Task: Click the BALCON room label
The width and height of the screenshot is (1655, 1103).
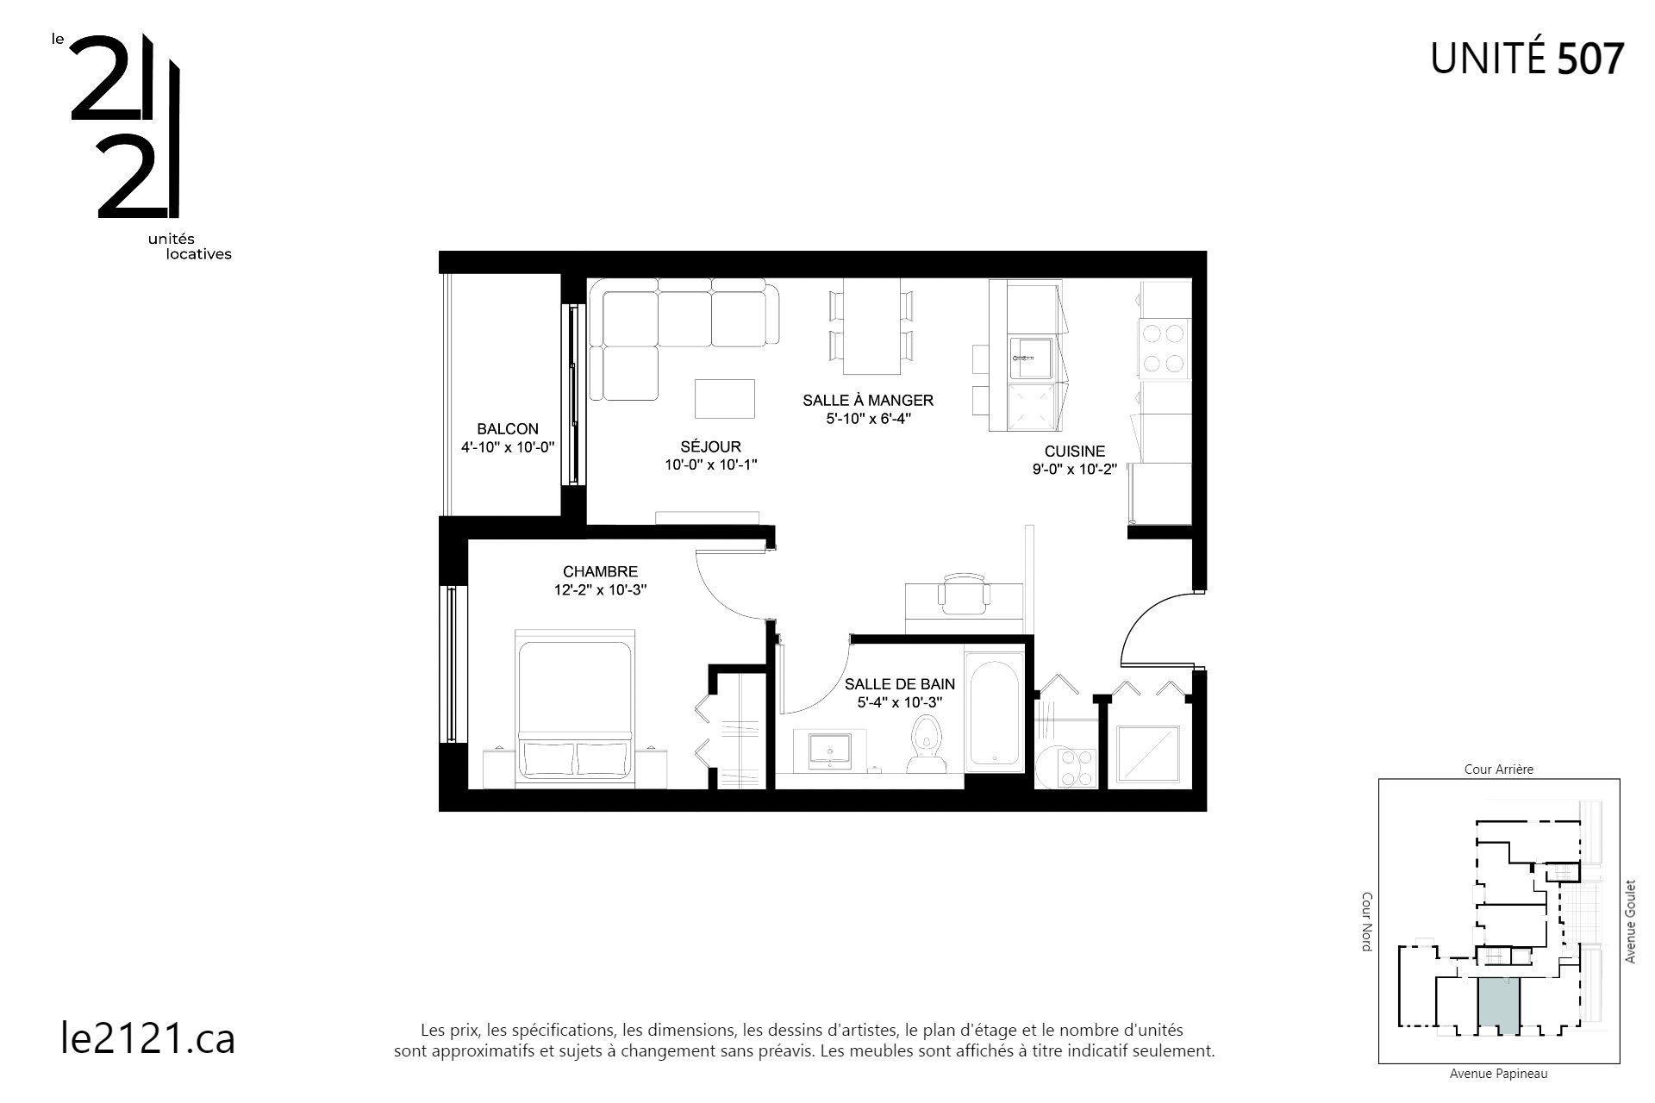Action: pyautogui.click(x=508, y=429)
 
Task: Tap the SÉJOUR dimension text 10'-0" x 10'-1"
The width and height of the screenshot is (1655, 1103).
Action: pyautogui.click(x=710, y=464)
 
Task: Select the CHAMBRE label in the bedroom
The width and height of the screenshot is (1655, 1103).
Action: pyautogui.click(x=600, y=571)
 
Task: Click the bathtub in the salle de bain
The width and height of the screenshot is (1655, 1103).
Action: pyautogui.click(x=993, y=714)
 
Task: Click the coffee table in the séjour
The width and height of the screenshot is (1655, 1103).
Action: pyautogui.click(x=725, y=399)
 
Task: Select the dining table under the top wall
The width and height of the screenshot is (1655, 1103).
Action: pyautogui.click(x=871, y=326)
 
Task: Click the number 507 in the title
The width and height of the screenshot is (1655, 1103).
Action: pyautogui.click(x=1590, y=59)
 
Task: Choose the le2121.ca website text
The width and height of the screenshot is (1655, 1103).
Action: pyautogui.click(x=148, y=1038)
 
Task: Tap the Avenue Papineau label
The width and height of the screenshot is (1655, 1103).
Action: pyautogui.click(x=1498, y=1074)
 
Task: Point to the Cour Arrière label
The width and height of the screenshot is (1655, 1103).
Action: pyautogui.click(x=1498, y=770)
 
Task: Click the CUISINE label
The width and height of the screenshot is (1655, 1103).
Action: pyautogui.click(x=1074, y=452)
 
